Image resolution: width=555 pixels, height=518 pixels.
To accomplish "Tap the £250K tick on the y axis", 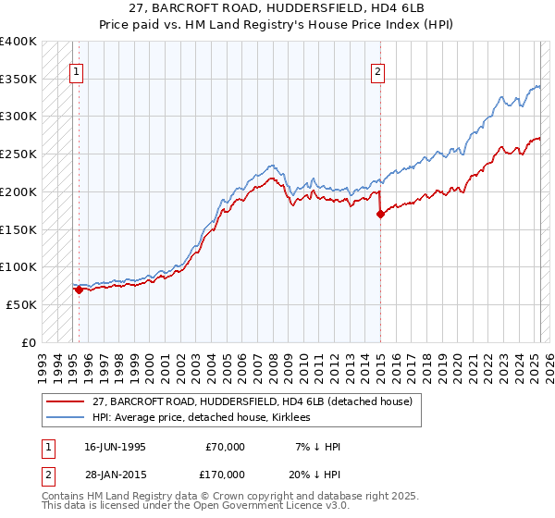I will click(18, 154).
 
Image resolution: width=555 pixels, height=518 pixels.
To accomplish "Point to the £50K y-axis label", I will click(21, 304).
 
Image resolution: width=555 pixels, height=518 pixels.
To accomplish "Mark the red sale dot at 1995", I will click(80, 290).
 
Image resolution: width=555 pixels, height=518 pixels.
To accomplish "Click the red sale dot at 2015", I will click(380, 215).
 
